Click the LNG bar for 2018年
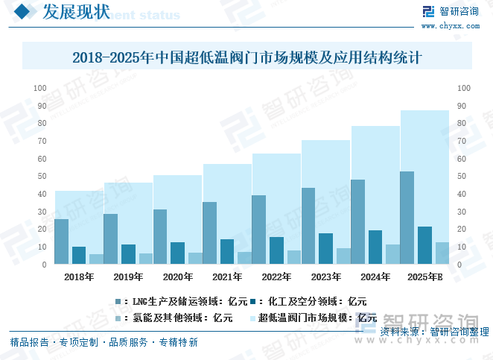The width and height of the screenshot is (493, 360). click(61, 241)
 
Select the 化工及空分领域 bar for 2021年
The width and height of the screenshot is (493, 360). click(226, 251)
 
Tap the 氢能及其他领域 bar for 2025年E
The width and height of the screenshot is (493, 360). click(442, 253)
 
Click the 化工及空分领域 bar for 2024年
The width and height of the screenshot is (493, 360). click(375, 247)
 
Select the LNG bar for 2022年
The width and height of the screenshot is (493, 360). click(258, 230)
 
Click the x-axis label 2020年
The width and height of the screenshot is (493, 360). click(178, 277)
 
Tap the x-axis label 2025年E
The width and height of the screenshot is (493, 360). click(425, 277)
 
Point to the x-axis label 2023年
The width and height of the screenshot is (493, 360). click(326, 277)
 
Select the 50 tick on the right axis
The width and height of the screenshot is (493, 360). click(462, 177)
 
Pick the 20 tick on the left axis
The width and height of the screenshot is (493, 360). click(42, 230)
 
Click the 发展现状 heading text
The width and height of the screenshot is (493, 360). click(76, 13)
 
